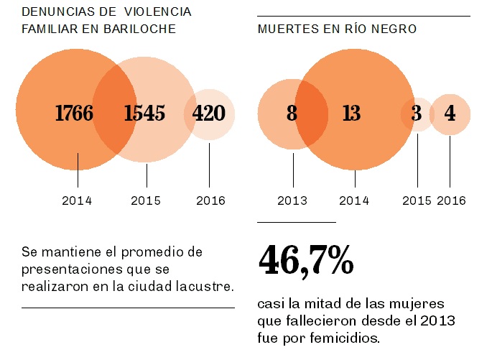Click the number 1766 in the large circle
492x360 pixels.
[74, 113]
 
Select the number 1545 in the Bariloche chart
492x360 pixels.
[144, 113]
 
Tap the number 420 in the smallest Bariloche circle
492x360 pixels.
[208, 113]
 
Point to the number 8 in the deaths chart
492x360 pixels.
[292, 114]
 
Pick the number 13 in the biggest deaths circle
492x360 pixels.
[351, 114]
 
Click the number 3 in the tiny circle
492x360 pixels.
[417, 114]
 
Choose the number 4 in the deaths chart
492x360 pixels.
[450, 114]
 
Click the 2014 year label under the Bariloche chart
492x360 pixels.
[77, 200]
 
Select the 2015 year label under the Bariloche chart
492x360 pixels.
[146, 200]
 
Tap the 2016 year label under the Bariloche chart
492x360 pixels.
[210, 200]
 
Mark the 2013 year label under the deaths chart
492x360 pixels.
[292, 200]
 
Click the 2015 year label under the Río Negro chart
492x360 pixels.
[417, 200]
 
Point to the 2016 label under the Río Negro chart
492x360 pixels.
[451, 200]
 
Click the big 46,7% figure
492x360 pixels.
[305, 261]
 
